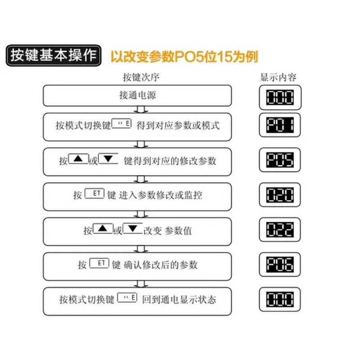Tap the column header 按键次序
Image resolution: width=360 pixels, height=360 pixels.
[141, 77]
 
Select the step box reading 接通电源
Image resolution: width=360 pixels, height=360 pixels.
[137, 95]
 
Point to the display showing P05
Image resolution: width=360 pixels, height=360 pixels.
[280, 160]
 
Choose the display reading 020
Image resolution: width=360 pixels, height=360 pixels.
[280, 194]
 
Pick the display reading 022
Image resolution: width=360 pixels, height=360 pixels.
[280, 229]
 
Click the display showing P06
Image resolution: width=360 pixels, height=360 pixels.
[280, 264]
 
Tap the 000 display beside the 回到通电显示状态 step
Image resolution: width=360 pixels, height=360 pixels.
[280, 299]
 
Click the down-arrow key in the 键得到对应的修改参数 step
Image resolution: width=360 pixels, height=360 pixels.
[108, 159]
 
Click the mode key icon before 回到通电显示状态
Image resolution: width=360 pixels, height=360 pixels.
[127, 297]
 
